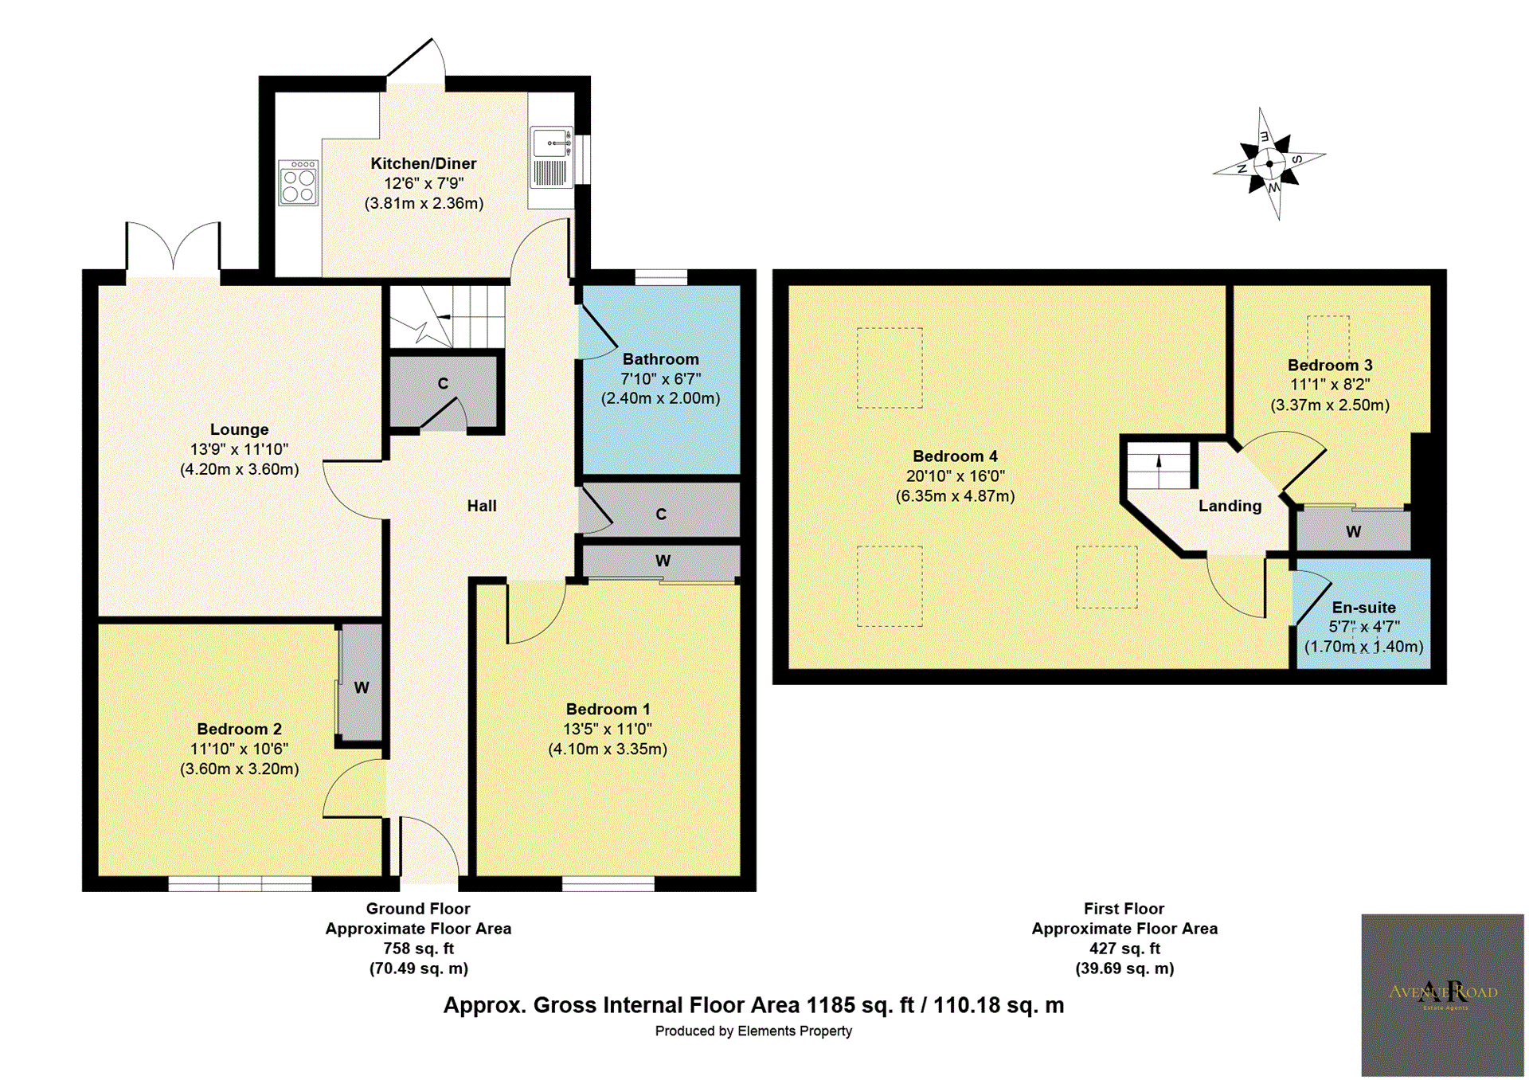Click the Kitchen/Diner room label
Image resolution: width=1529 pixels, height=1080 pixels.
point(424,163)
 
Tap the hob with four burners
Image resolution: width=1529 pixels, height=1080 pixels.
point(299,182)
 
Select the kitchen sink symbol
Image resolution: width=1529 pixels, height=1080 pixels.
point(551,157)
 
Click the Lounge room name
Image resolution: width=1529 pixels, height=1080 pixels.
point(239,430)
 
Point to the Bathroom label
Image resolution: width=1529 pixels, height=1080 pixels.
point(661,359)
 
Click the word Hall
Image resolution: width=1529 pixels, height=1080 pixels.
point(482,506)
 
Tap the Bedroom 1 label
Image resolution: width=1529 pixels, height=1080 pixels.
point(608,709)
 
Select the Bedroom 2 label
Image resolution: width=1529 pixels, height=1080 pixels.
point(240,729)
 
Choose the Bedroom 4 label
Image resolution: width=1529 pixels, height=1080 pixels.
point(955,456)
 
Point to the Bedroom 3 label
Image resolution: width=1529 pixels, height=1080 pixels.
point(1330,366)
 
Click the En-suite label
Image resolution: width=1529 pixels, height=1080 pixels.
point(1363,608)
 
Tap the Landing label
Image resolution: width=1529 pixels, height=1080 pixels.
point(1230,506)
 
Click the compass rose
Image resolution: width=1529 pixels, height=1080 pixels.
point(1269,163)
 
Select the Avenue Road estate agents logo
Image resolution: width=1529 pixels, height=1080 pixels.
point(1442,995)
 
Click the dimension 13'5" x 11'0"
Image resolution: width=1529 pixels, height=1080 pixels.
point(608,729)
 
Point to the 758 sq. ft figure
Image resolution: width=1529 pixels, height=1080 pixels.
point(418,949)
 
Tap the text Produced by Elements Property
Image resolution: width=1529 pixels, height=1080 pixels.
point(753,1031)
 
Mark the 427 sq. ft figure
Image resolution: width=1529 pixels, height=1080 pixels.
point(1124,949)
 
